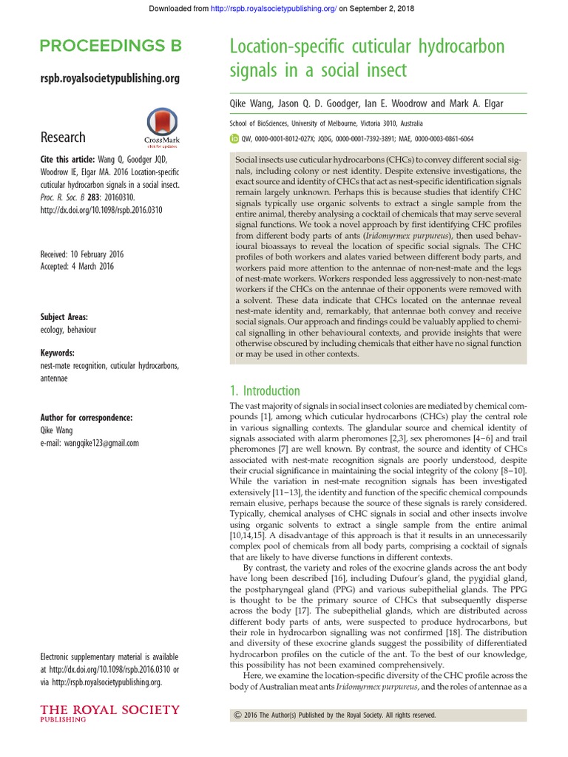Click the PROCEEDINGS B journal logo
[x=110, y=47]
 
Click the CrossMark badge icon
[x=162, y=128]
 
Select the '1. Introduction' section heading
[x=264, y=390]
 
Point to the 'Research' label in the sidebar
[x=63, y=137]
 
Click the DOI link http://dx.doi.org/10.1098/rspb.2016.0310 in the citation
[x=101, y=209]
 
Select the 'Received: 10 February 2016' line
[x=82, y=254]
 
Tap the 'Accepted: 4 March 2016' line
[x=76, y=266]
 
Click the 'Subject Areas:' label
[x=67, y=316]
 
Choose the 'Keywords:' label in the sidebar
[x=58, y=353]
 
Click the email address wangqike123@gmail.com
[x=89, y=443]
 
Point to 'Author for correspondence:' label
[x=87, y=418]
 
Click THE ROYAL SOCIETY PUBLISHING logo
[x=109, y=713]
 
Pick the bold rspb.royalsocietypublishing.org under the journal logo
[x=109, y=78]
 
